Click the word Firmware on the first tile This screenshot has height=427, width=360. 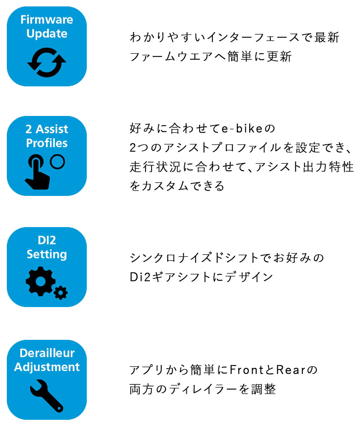[47, 20]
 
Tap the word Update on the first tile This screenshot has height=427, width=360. [47, 34]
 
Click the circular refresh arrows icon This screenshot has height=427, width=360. [47, 62]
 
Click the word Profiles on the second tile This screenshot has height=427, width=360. [47, 143]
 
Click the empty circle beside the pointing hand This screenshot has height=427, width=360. [58, 162]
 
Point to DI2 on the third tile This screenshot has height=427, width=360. [47, 240]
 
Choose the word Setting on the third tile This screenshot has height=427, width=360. [47, 254]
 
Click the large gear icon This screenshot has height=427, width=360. [41, 281]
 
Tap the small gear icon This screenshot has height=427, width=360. [60, 293]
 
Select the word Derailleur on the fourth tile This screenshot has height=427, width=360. [47, 353]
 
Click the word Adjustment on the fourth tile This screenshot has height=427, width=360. [47, 367]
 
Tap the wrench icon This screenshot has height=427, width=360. [46, 395]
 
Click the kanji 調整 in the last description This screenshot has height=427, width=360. [264, 389]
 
